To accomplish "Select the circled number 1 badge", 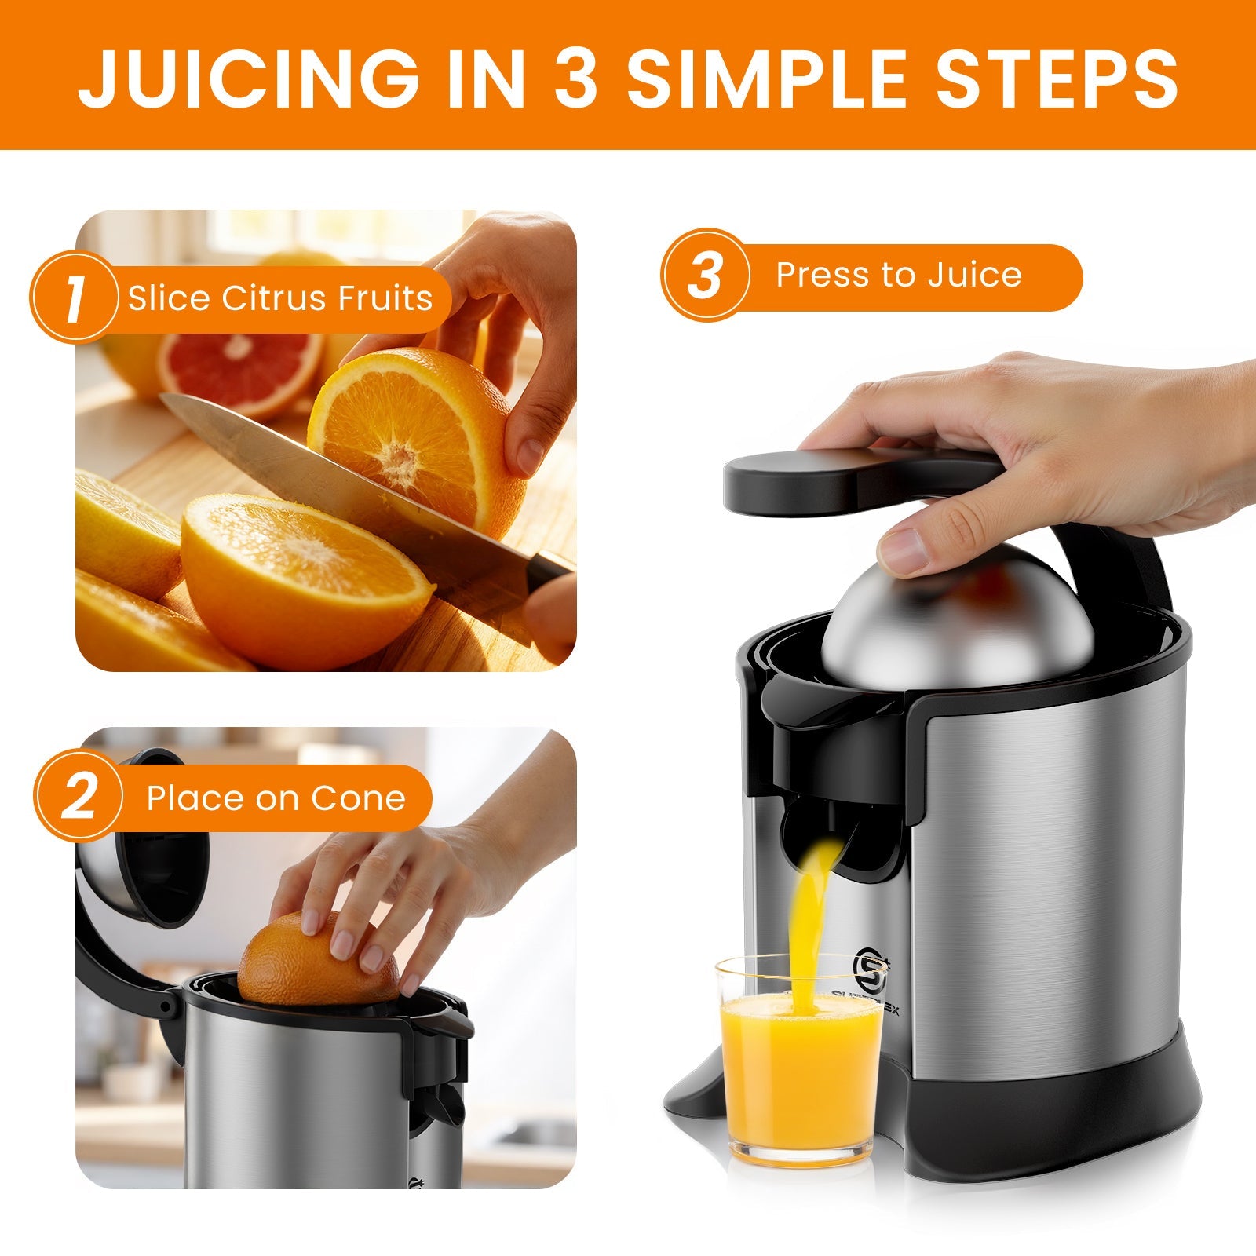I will pos(75,298).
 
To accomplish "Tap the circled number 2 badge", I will pos(78,798).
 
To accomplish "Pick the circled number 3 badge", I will pos(704,275).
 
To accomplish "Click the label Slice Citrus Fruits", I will pos(280,298).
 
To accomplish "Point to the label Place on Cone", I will pos(276,798).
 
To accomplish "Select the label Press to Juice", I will pos(899,275).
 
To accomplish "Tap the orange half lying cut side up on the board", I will pos(306,573).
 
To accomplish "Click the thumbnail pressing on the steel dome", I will pos(903,549).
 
